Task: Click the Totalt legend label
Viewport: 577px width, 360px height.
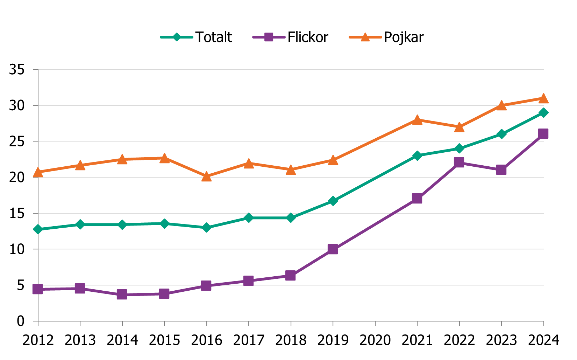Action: point(213,37)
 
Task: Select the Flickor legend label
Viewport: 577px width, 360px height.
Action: point(308,37)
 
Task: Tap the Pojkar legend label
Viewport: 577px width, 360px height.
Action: point(404,37)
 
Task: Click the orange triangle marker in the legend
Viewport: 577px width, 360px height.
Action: point(365,37)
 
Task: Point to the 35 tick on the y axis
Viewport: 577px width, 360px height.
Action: point(17,70)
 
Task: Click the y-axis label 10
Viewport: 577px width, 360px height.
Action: point(17,249)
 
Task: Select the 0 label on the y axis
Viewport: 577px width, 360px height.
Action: point(21,321)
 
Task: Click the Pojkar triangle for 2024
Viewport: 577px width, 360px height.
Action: point(543,98)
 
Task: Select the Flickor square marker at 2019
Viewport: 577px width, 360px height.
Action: point(333,249)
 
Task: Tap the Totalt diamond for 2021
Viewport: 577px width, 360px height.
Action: point(417,155)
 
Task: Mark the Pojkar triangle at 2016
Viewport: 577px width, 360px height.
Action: point(206,176)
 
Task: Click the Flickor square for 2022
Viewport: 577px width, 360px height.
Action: point(459,162)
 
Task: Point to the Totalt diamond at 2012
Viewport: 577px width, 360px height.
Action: point(38,229)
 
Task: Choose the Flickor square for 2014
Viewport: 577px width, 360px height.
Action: point(122,295)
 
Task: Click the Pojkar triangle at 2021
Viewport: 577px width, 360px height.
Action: point(417,120)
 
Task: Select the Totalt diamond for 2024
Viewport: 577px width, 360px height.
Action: point(543,113)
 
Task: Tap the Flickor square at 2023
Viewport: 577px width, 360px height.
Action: point(501,170)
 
